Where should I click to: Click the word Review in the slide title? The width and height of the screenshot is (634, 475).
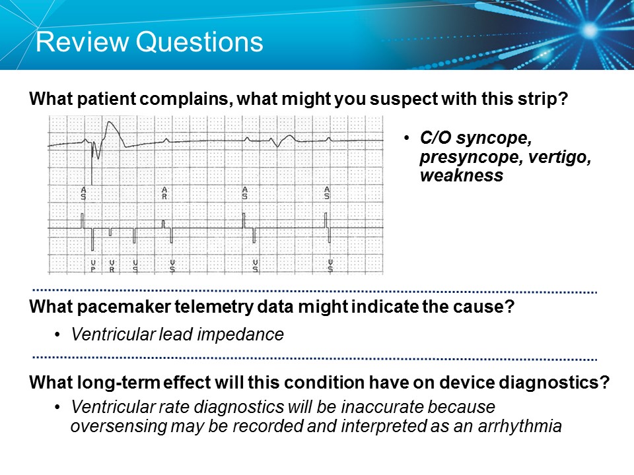[x=80, y=42]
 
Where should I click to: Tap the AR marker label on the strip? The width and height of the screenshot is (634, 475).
[x=164, y=193]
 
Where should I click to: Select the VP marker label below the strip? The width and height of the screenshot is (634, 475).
[x=92, y=266]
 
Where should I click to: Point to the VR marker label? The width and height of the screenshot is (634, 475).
[x=112, y=266]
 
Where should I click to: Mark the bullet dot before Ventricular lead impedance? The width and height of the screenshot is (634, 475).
[x=59, y=335]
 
